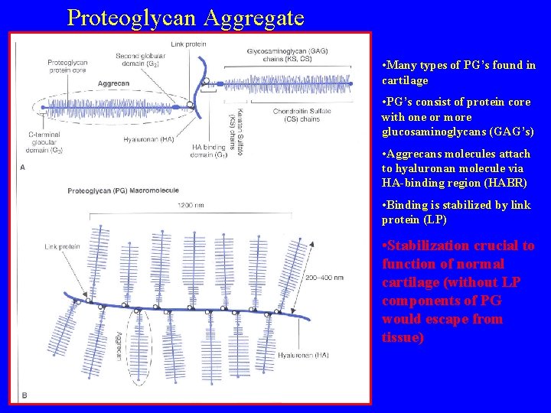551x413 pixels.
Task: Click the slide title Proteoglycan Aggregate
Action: tap(185, 17)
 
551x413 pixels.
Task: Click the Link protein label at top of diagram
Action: tap(188, 44)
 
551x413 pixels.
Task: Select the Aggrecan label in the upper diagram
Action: tap(113, 83)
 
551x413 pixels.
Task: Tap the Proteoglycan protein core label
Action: tap(67, 67)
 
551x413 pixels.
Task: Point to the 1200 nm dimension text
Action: tap(190, 205)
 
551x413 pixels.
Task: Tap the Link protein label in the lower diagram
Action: tap(62, 247)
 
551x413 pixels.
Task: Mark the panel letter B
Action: tap(24, 395)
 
